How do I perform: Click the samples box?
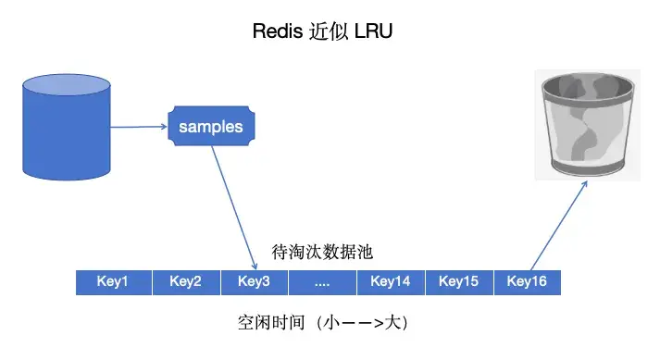click(x=211, y=127)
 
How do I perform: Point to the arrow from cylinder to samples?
click(x=138, y=127)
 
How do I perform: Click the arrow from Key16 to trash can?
click(x=559, y=225)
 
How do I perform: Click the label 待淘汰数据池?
click(x=322, y=252)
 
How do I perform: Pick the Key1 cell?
click(x=112, y=281)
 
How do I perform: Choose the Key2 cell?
click(x=185, y=281)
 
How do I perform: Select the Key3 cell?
click(x=253, y=281)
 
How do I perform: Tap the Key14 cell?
click(x=390, y=281)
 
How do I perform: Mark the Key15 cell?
click(x=458, y=281)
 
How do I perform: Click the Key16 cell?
click(x=527, y=281)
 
